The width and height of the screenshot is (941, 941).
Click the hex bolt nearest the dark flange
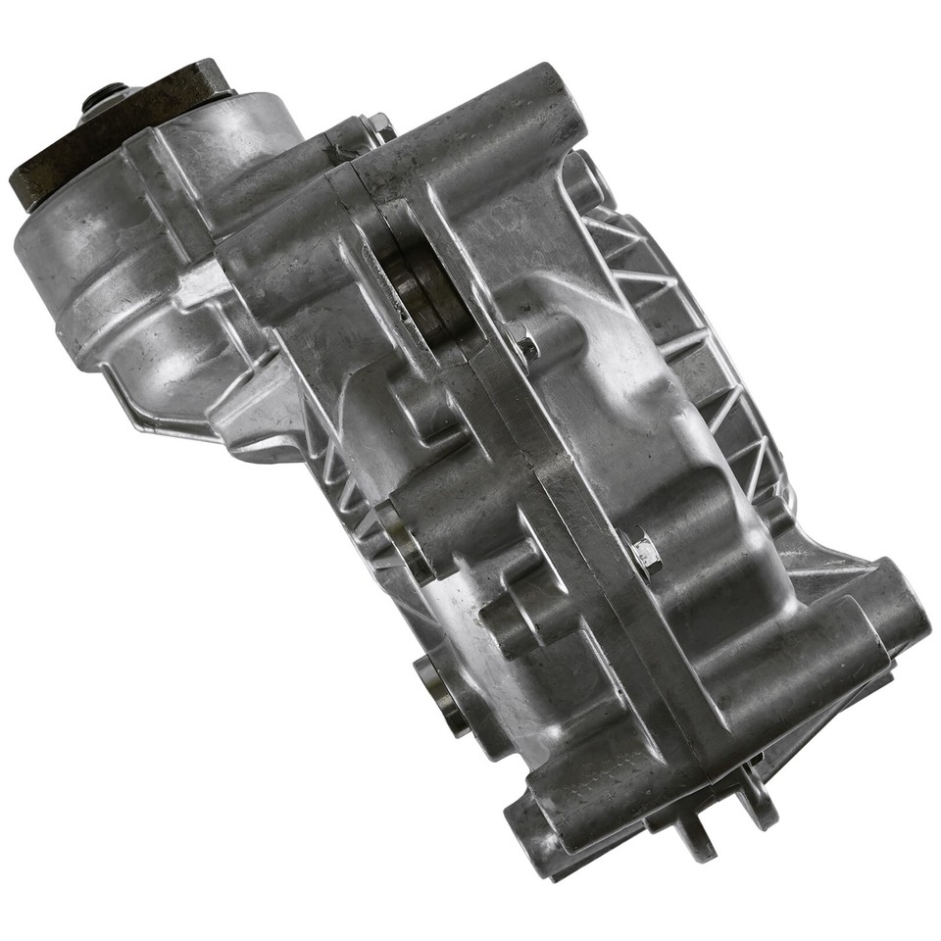(376, 126)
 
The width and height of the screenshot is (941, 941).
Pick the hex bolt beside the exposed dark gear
(524, 343)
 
